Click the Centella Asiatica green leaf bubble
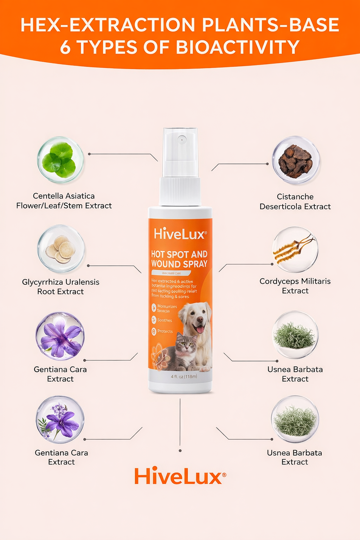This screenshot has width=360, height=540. (60, 160)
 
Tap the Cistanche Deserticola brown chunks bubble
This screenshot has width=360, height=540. (295, 160)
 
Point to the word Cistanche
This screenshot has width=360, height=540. (295, 197)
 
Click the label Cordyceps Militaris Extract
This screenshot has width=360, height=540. (295, 286)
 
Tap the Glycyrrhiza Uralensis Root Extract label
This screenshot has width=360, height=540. (60, 287)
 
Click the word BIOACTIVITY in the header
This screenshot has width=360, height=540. (238, 47)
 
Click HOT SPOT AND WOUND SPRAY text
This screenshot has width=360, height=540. (179, 259)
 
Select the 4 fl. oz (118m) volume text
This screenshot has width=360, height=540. (184, 376)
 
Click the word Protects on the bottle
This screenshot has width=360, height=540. (165, 331)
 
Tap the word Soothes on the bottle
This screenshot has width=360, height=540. (165, 320)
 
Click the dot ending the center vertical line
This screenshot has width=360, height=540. (180, 450)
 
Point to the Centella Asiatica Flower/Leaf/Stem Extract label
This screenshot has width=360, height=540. (64, 201)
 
